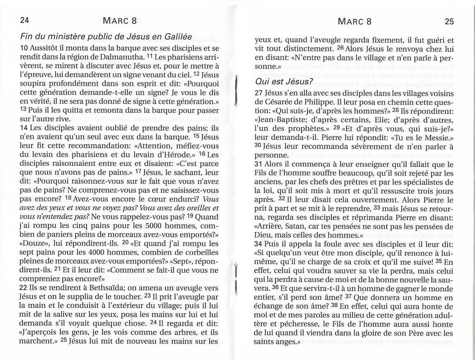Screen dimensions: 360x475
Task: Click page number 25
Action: (x=449, y=21)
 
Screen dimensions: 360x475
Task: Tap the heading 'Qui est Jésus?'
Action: (x=284, y=81)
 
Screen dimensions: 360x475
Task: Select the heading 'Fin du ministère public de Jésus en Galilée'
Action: (x=106, y=36)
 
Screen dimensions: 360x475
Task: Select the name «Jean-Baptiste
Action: (x=279, y=119)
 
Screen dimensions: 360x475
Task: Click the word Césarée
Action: (x=279, y=101)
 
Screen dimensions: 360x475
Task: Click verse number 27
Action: (x=259, y=93)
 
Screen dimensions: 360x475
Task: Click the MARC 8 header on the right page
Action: (x=354, y=21)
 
